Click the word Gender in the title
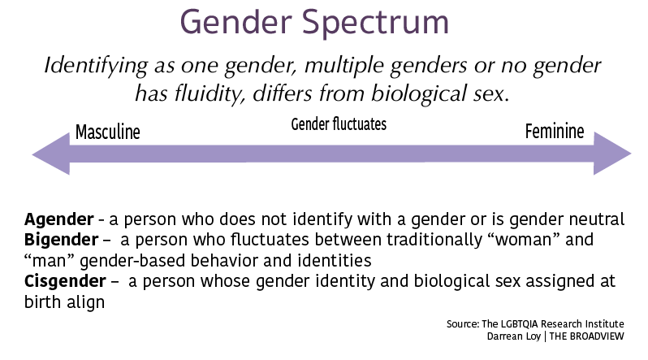(236, 22)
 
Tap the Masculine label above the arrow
(108, 132)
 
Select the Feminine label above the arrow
(555, 131)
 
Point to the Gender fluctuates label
(339, 124)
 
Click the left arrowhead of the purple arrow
(51, 154)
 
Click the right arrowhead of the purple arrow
(612, 154)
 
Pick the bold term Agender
(59, 219)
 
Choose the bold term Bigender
(61, 240)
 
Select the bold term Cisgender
(65, 281)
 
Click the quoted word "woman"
(523, 240)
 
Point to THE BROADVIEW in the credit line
(586, 336)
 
